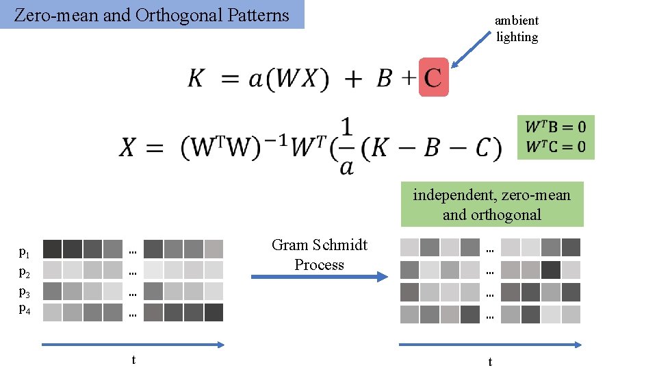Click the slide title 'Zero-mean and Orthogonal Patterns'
(x=152, y=15)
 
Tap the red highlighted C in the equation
(x=433, y=77)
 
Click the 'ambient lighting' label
(x=517, y=29)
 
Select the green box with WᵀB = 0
(x=555, y=137)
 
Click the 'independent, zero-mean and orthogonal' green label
(x=491, y=204)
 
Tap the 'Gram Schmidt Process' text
(x=319, y=255)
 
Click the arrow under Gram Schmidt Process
(x=319, y=277)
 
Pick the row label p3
(x=24, y=291)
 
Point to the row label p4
(x=24, y=309)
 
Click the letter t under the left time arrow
(x=133, y=360)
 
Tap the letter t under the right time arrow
(x=490, y=361)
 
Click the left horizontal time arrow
(x=133, y=345)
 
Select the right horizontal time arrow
(x=490, y=345)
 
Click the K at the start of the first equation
(x=196, y=79)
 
